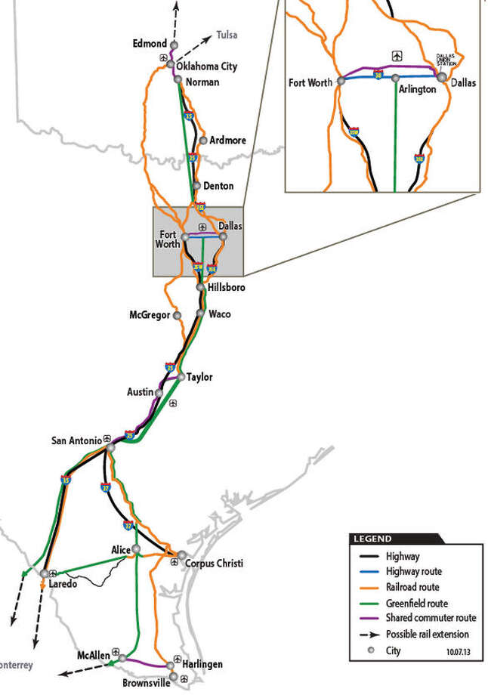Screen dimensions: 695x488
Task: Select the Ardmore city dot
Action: [203, 140]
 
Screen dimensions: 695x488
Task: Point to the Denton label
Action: [218, 186]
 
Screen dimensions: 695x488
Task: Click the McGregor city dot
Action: [177, 315]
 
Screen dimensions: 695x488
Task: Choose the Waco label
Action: [219, 314]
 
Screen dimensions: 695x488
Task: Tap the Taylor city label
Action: [199, 377]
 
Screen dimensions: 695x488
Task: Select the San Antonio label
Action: [76, 440]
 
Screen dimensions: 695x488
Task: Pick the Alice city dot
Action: [137, 549]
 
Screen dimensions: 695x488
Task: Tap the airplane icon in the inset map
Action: [396, 55]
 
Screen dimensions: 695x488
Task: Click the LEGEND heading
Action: [371, 539]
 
